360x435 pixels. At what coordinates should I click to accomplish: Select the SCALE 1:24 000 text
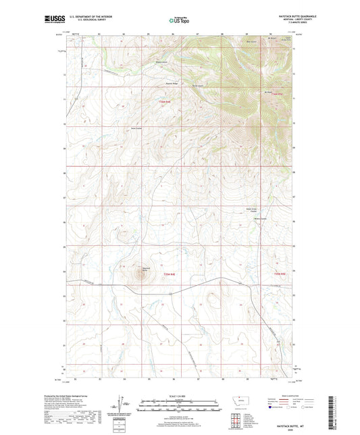click(x=179, y=396)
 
